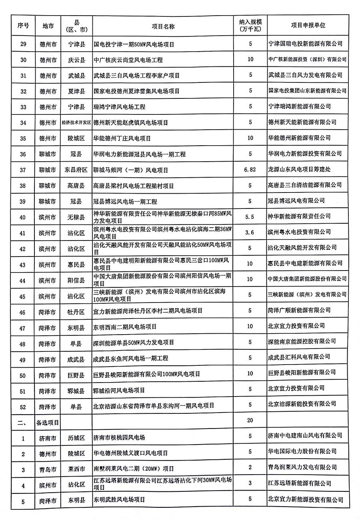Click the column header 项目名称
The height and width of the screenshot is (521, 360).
[x=163, y=26]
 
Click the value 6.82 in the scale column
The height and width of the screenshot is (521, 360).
[x=250, y=170]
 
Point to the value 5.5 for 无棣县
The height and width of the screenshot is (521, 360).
[x=250, y=216]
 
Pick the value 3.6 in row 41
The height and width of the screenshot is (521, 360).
[x=250, y=232]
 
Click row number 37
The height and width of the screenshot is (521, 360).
[x=23, y=170]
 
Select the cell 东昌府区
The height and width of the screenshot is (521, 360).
[x=76, y=170]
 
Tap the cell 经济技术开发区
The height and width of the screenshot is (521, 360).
[x=76, y=122]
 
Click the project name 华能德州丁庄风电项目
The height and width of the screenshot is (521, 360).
[x=122, y=138]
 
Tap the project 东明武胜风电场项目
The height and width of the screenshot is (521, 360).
[x=119, y=500]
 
